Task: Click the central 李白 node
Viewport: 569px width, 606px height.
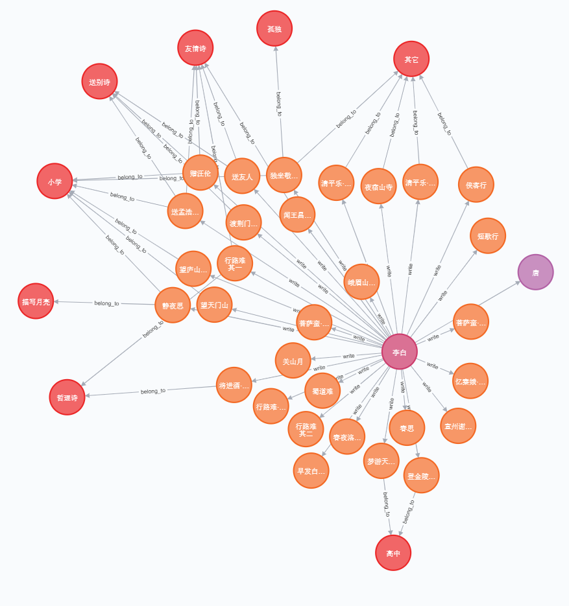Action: pos(400,352)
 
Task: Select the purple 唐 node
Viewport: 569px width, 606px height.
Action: pos(535,272)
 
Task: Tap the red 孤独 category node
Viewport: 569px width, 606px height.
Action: pos(274,29)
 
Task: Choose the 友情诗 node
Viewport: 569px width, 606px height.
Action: pos(195,48)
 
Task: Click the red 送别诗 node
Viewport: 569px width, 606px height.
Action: pos(99,82)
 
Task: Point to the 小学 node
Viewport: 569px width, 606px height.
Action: pos(54,181)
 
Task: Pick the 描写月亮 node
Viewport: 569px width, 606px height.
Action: pos(36,301)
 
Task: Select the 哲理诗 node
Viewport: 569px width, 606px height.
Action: pos(67,397)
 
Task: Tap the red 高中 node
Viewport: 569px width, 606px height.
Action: pos(393,553)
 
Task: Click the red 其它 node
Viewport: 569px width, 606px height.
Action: pos(411,59)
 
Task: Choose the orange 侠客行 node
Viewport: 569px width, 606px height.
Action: pos(476,185)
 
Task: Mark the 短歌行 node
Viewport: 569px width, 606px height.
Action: pos(487,236)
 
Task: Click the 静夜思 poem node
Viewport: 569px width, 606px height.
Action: pos(173,305)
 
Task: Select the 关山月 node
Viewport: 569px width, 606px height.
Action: pos(293,361)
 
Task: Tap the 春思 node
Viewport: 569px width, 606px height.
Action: pos(407,428)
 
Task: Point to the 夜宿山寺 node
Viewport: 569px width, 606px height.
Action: pos(378,187)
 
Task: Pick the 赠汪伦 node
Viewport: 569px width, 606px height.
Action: pos(200,172)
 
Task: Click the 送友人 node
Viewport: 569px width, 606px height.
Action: pos(242,176)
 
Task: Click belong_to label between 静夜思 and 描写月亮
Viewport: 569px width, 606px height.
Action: pos(106,303)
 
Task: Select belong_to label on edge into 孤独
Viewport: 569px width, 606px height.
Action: pos(279,104)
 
